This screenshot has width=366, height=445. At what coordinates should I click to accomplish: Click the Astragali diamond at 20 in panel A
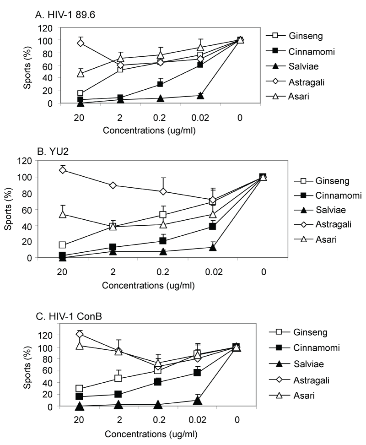click(81, 43)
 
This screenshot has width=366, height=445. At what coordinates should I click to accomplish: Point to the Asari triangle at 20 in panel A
click(81, 73)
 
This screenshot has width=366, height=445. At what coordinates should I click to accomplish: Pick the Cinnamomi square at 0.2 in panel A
click(161, 84)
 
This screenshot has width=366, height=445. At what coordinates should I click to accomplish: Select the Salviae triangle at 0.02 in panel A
click(200, 96)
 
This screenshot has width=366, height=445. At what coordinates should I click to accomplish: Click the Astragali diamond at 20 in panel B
click(63, 170)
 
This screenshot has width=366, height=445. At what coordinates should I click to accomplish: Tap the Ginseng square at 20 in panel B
click(63, 245)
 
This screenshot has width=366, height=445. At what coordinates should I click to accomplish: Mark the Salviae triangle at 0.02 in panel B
click(212, 247)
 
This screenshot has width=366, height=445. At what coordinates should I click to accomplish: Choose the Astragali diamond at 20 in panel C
click(80, 334)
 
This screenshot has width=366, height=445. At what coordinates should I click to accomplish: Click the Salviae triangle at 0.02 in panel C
click(198, 400)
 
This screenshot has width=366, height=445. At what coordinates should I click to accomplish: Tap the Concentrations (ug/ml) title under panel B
click(149, 286)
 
